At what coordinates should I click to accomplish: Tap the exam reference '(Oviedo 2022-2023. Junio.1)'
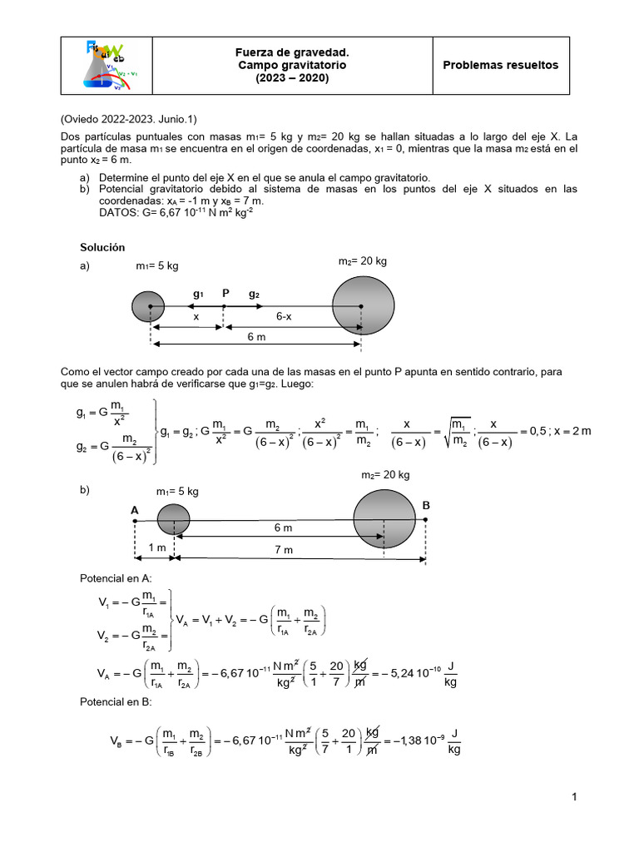pos(129,118)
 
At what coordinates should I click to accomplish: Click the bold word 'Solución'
pos(102,247)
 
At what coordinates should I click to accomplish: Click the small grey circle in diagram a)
pos(149,306)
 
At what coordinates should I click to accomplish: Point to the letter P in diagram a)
pos(225,294)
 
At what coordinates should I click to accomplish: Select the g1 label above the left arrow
pos(198,294)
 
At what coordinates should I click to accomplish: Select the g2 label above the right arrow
pos(254,294)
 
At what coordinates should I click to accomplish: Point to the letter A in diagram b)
pos(134,508)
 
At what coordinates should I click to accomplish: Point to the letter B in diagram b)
pos(426,505)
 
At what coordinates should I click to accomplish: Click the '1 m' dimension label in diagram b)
pos(157,548)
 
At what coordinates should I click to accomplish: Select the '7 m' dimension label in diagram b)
pos(284,550)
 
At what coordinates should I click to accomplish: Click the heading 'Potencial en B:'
pos(115,703)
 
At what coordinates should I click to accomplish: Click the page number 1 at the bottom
pos(574,798)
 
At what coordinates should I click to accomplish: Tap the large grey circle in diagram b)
pos(384,520)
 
